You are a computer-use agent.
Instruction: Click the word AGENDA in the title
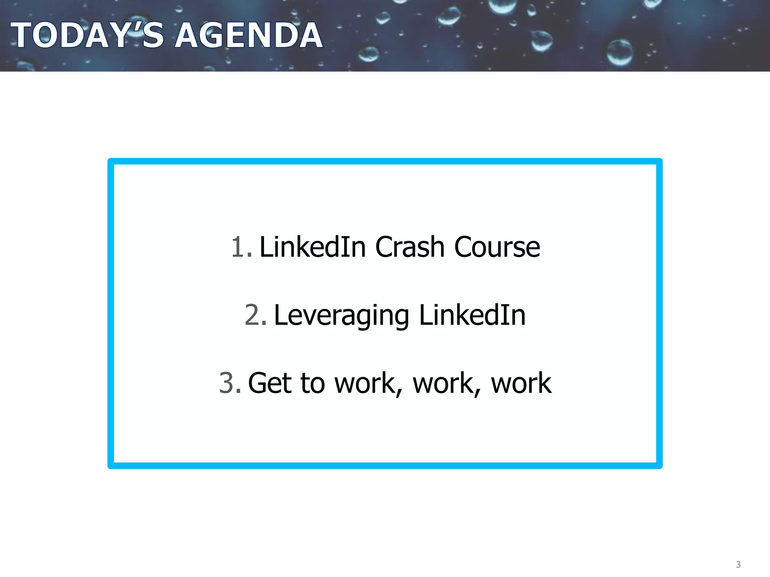(249, 35)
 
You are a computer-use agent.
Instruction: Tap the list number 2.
(255, 315)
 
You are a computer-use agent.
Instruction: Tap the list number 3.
(229, 383)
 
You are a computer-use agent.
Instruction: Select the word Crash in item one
(410, 247)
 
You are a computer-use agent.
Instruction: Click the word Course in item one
(497, 247)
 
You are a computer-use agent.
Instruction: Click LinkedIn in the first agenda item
(312, 247)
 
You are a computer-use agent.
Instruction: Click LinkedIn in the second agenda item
(472, 315)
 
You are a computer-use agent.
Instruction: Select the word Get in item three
(270, 383)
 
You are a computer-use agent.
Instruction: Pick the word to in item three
(313, 383)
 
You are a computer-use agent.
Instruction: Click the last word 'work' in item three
(521, 383)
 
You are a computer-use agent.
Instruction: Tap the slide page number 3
(738, 564)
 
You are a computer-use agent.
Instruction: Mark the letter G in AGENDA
(220, 35)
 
